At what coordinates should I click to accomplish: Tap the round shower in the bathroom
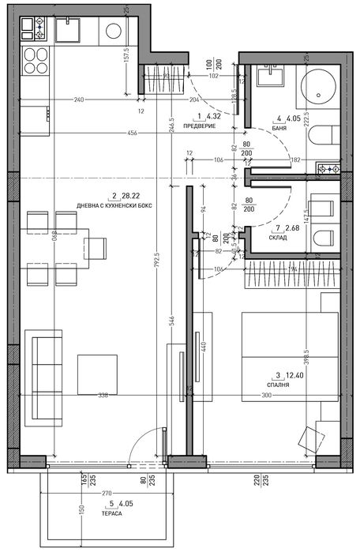click(x=322, y=88)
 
